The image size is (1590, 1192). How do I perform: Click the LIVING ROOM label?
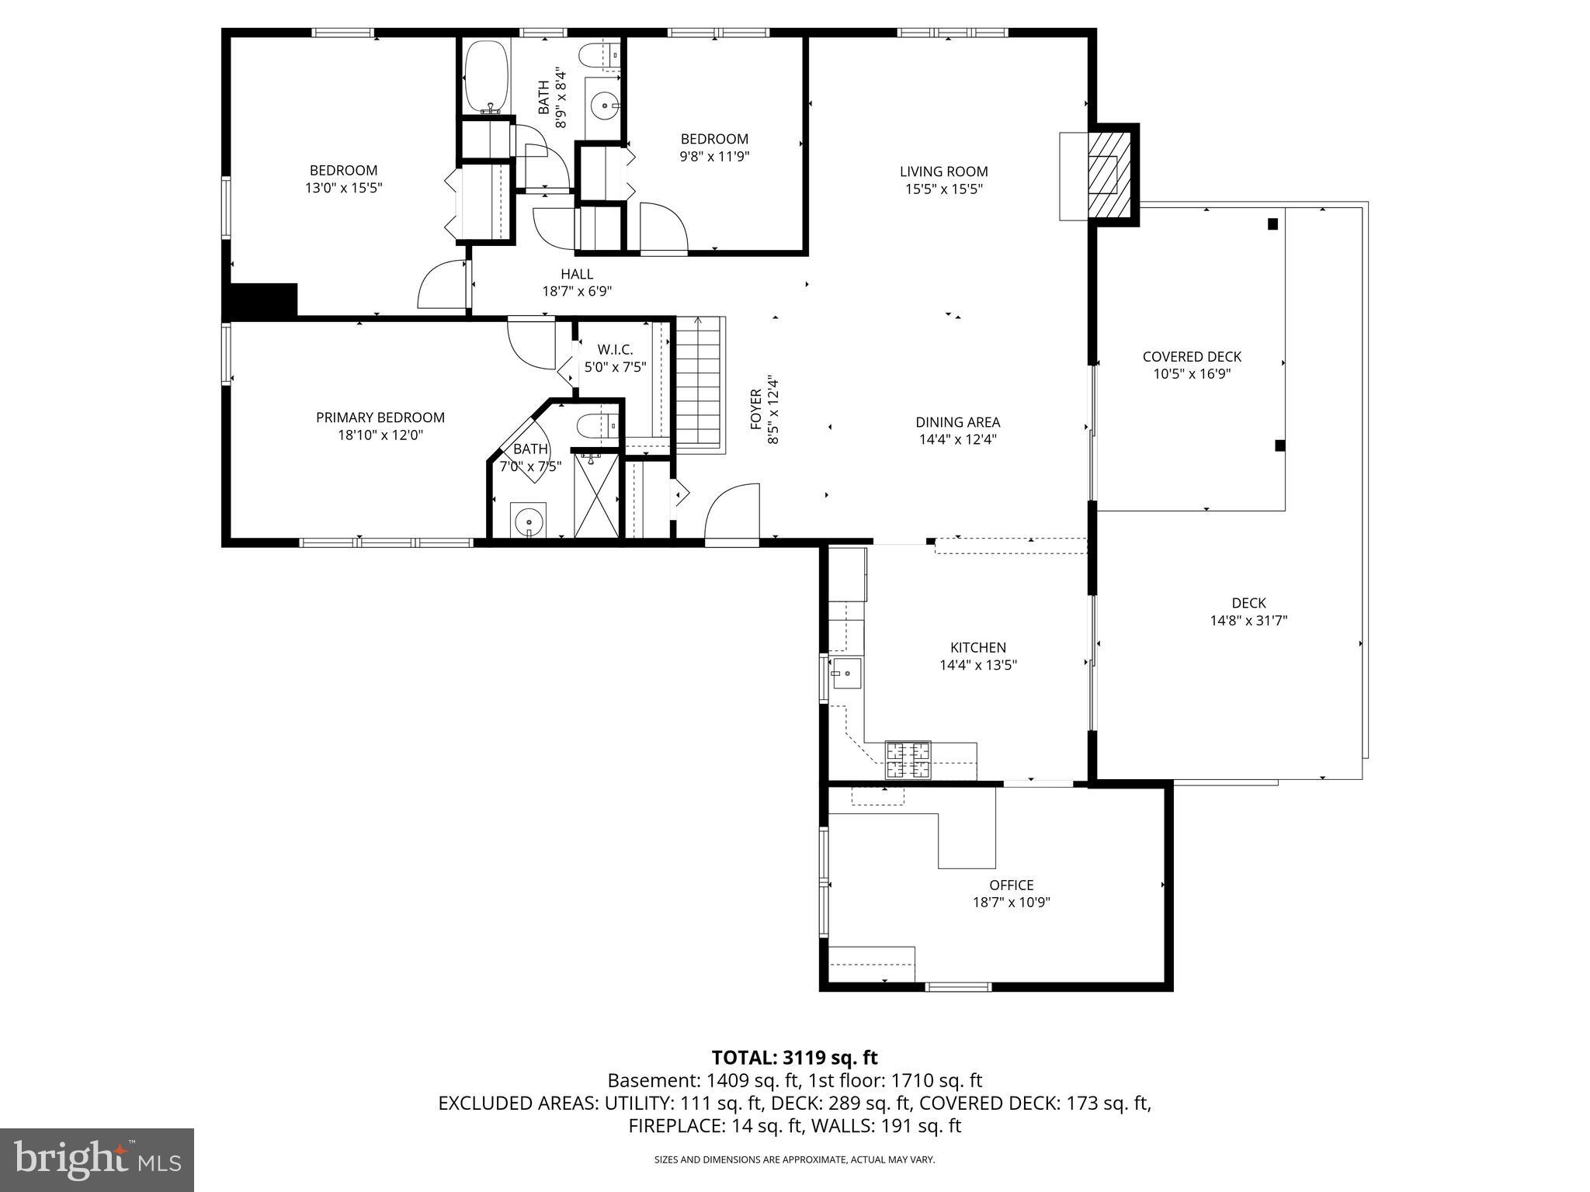(x=943, y=172)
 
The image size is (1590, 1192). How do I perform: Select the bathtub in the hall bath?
(x=488, y=76)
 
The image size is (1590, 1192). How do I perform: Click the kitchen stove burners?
(x=908, y=761)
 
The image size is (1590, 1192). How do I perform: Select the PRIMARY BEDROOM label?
(x=380, y=418)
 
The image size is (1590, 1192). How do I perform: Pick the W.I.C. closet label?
(x=615, y=350)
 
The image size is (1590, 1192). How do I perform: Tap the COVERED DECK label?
(x=1192, y=357)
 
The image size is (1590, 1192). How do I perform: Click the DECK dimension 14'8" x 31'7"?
(x=1248, y=620)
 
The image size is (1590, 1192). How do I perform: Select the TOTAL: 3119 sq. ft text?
(x=794, y=1057)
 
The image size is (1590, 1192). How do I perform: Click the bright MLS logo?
(x=96, y=1160)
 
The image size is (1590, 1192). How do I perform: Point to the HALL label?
(x=577, y=274)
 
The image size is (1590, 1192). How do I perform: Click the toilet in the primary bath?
(x=596, y=425)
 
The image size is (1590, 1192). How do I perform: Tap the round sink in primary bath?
(x=529, y=518)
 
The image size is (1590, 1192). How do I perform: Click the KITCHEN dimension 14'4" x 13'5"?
(x=977, y=665)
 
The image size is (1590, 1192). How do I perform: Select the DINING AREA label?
(x=957, y=422)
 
